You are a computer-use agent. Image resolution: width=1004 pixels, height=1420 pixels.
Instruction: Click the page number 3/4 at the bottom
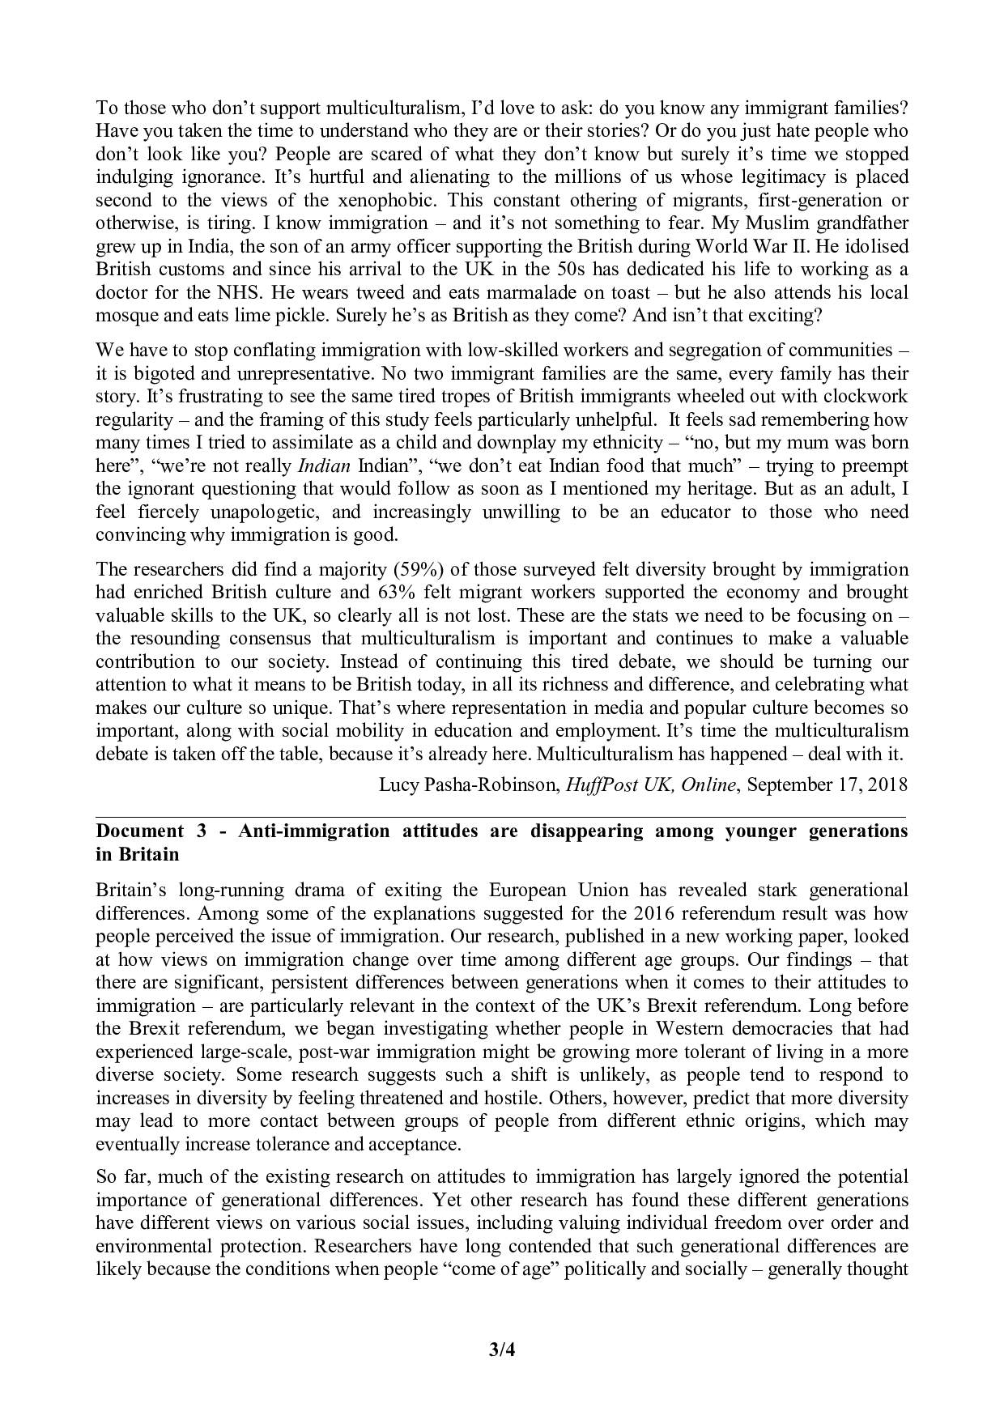pyautogui.click(x=502, y=1350)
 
